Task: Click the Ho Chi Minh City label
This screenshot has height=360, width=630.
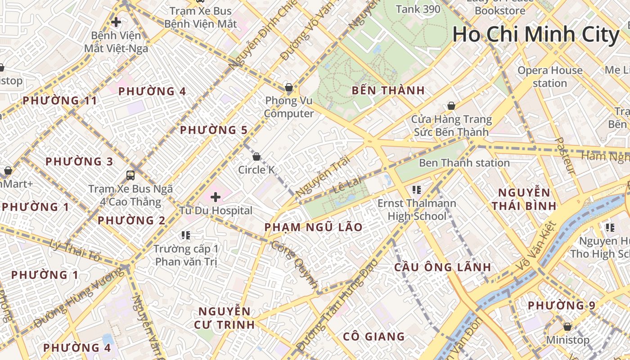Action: click(535, 35)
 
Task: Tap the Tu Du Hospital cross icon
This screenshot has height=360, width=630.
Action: click(216, 197)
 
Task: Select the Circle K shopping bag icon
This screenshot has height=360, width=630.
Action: click(256, 157)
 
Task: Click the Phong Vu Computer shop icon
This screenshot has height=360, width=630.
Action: click(289, 87)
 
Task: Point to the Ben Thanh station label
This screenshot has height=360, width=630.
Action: click(464, 163)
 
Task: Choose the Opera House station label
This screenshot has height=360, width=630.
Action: click(549, 77)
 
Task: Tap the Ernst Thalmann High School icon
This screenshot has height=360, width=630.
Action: click(416, 190)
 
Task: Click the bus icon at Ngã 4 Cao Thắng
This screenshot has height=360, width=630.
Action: click(130, 175)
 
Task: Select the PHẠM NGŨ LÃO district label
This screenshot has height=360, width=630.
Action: click(313, 227)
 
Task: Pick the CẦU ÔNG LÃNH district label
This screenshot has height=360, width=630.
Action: click(442, 267)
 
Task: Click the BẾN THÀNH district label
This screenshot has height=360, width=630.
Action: click(388, 90)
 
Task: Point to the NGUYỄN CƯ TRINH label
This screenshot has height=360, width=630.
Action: click(225, 318)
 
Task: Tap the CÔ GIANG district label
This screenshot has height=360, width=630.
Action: click(373, 337)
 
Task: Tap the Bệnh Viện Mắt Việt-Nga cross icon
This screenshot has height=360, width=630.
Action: click(116, 22)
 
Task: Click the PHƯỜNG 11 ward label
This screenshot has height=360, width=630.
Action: click(60, 100)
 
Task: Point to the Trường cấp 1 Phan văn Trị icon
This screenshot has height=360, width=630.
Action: click(186, 235)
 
